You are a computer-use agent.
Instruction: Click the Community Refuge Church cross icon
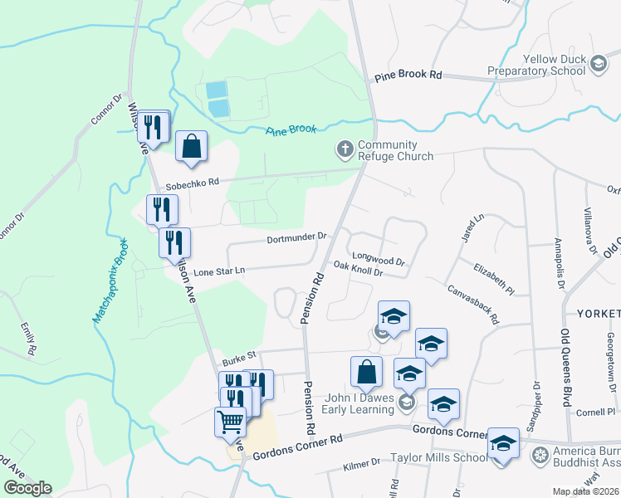(x=345, y=149)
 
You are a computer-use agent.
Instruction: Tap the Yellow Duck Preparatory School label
(x=556, y=65)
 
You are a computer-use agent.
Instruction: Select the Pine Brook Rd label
(x=408, y=76)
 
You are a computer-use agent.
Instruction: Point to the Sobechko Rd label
(x=191, y=182)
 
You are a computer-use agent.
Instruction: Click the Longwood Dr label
(x=378, y=257)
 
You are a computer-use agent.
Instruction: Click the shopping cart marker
(x=231, y=420)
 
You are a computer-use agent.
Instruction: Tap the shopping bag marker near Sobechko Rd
(x=191, y=146)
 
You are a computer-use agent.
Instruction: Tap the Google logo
(x=27, y=487)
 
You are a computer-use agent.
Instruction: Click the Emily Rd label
(x=29, y=338)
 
